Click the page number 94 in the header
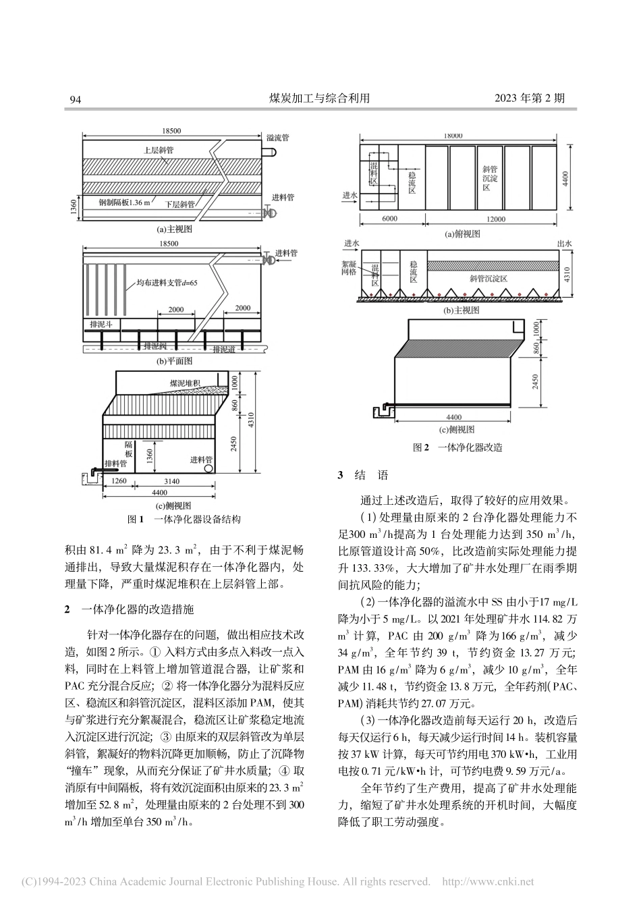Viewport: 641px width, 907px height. [x=76, y=99]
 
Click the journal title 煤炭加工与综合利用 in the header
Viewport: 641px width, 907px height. [x=320, y=99]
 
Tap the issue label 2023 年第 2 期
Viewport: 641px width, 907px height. [x=530, y=99]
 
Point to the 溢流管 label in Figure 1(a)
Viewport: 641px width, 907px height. [x=277, y=138]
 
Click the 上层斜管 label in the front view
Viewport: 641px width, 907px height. [x=158, y=150]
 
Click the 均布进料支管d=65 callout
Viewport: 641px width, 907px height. [x=166, y=285]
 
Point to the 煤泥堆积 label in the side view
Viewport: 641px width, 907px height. [x=186, y=383]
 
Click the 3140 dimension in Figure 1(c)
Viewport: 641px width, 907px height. [x=171, y=481]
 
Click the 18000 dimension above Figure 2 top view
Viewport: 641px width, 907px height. [x=453, y=136]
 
